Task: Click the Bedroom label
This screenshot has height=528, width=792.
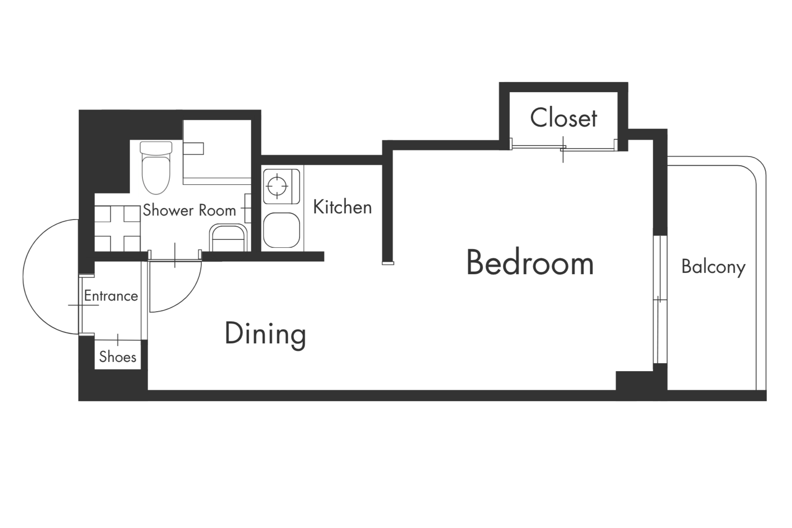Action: click(530, 263)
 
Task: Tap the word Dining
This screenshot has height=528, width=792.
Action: click(265, 334)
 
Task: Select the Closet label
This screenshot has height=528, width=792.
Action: click(564, 118)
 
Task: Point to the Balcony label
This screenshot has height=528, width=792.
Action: click(713, 267)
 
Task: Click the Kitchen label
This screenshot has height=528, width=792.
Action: click(342, 207)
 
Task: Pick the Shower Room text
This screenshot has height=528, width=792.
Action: click(190, 210)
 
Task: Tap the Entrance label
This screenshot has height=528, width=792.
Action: click(111, 296)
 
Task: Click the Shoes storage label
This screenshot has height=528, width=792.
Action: click(118, 357)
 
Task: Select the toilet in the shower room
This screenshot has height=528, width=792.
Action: click(156, 167)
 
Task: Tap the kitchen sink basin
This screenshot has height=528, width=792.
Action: click(281, 230)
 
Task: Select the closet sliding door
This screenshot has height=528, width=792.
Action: click(563, 148)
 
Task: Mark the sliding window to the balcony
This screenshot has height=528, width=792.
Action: click(659, 299)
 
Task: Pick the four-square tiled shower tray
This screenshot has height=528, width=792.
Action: click(117, 228)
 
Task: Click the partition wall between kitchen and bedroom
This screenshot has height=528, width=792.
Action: click(387, 203)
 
